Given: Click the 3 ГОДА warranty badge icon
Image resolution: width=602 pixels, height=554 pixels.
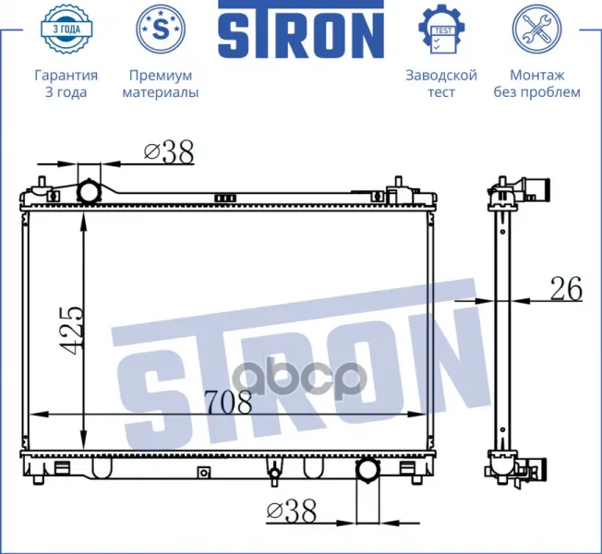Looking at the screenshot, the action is [66, 29].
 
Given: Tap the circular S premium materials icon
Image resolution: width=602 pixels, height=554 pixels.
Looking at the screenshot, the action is [161, 29].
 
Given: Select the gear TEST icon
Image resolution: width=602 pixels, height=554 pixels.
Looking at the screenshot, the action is [441, 29].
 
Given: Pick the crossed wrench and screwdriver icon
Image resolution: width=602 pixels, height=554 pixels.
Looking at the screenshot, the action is [536, 29].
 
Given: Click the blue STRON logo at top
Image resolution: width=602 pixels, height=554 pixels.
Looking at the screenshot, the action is [301, 30].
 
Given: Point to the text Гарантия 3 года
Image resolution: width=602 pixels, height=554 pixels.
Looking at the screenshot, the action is [66, 84].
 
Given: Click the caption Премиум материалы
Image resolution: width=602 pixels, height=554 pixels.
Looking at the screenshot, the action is [161, 84].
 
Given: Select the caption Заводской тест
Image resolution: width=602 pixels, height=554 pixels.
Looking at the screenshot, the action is [441, 84].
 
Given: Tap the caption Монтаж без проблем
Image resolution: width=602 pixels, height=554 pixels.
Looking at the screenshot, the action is [536, 84].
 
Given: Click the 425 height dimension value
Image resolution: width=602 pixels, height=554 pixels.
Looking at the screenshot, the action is [72, 330].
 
